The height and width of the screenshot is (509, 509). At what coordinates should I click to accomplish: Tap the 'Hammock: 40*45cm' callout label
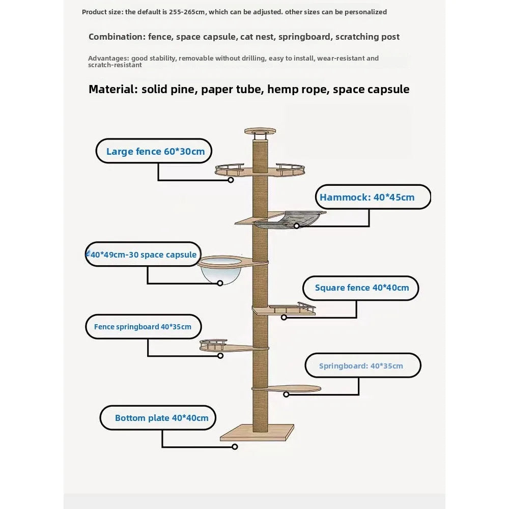pos(367,197)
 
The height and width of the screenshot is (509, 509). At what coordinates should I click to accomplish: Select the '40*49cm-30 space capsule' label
pos(143,254)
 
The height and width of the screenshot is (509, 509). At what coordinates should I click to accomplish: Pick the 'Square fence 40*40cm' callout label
pos(361,288)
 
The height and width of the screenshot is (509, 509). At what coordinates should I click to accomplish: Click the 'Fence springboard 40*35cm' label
pos(143,327)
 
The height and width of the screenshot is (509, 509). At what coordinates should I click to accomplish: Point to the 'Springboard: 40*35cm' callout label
pos(361,366)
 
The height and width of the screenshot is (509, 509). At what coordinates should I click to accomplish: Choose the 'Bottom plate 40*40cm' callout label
pos(161,418)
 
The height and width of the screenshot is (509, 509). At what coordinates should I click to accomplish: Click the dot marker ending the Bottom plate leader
pos(235,447)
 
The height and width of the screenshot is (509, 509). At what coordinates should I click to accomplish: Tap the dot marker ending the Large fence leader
pos(231,180)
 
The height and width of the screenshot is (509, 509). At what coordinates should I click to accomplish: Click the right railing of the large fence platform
pos(290,166)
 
